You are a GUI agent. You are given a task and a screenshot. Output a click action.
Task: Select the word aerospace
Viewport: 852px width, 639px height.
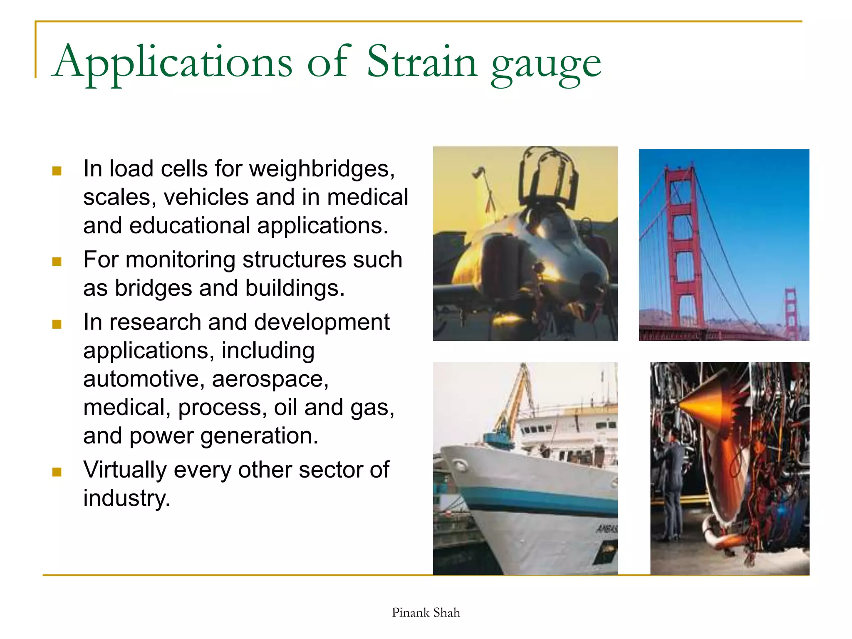[270, 379]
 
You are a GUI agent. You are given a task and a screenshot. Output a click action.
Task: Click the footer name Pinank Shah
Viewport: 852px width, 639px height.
[426, 612]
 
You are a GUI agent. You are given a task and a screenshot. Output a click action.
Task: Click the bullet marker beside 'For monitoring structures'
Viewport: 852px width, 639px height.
[57, 262]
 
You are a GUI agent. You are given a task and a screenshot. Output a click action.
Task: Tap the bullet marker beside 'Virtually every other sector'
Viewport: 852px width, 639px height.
[57, 472]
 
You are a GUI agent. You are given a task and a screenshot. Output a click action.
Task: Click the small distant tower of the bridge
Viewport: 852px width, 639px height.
[790, 312]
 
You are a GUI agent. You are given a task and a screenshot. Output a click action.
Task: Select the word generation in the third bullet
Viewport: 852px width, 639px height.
[259, 436]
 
